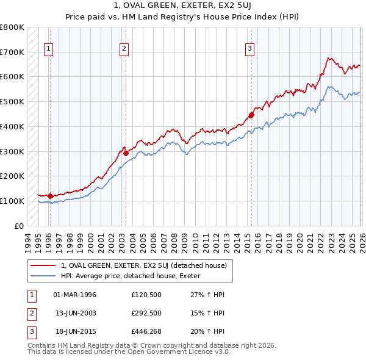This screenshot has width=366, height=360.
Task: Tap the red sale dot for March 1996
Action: [50, 196]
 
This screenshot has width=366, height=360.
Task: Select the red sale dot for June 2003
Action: [126, 153]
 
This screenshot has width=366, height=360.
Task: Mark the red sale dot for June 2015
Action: [251, 115]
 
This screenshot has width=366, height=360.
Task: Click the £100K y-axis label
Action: [12, 201]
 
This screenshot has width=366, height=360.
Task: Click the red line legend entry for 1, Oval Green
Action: [144, 265]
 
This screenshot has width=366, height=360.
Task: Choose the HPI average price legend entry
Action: [135, 276]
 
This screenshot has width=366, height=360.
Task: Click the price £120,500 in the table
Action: [145, 295]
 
